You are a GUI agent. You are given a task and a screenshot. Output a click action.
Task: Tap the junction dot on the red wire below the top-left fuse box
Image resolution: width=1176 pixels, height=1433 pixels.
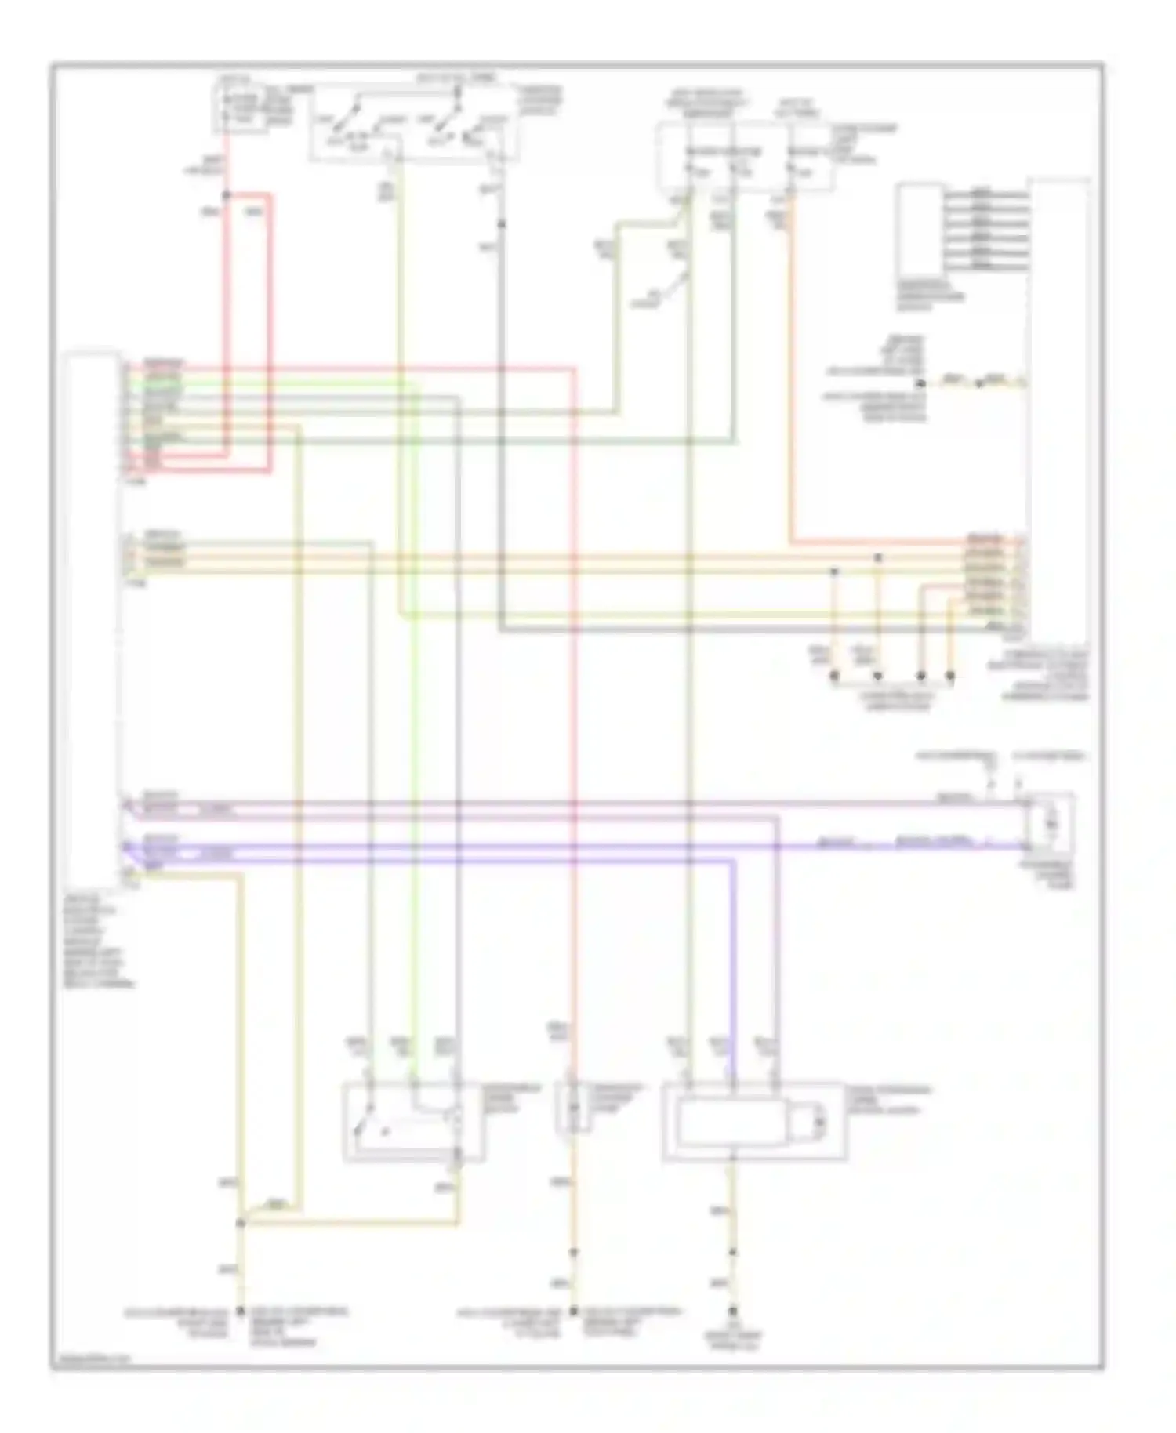click(227, 194)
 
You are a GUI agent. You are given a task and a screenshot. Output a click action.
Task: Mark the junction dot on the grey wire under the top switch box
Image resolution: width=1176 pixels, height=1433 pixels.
click(502, 224)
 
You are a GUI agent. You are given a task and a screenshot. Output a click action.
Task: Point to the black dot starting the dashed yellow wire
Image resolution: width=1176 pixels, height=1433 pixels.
click(921, 383)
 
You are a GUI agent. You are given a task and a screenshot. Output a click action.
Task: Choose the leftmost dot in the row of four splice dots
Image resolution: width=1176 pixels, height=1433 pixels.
click(834, 674)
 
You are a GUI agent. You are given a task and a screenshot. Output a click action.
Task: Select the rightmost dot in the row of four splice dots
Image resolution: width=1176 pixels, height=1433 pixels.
click(950, 674)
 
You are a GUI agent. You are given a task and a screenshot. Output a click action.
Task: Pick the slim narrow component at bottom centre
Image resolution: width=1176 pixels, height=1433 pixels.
click(574, 1108)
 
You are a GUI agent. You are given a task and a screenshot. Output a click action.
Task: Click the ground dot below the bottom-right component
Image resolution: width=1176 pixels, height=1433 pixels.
click(733, 1311)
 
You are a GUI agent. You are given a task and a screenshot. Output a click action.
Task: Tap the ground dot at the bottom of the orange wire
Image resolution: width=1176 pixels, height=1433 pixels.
click(573, 1310)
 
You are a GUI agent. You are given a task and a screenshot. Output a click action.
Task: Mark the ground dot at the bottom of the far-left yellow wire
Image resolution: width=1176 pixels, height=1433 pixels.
click(240, 1310)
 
